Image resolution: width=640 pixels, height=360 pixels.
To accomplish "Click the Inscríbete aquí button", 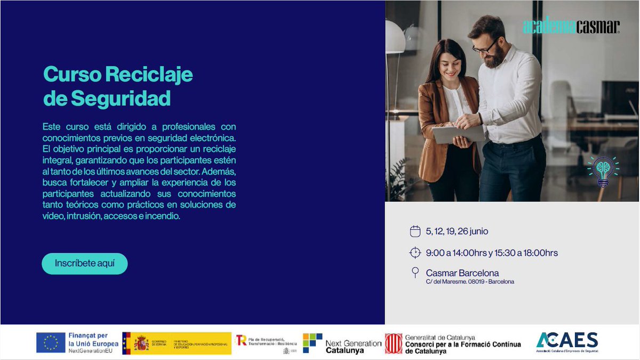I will click(x=84, y=263).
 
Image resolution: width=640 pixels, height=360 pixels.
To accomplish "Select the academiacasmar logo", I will click(x=571, y=27).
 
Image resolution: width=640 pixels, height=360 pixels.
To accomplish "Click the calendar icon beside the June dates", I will click(x=415, y=231).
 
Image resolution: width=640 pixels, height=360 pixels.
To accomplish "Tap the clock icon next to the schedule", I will click(x=415, y=253).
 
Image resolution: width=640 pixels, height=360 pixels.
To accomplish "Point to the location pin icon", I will click(x=415, y=273).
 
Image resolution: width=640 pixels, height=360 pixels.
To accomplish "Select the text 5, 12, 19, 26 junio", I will click(x=457, y=231).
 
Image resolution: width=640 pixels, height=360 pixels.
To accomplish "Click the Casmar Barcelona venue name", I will click(x=462, y=273).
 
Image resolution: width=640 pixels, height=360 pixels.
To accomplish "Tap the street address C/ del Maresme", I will click(x=469, y=282).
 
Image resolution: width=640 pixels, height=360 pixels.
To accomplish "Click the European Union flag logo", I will click(x=51, y=342).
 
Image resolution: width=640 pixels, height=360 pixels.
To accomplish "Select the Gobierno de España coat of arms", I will click(x=141, y=343).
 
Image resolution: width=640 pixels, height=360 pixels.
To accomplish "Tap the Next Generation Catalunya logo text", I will click(x=353, y=347).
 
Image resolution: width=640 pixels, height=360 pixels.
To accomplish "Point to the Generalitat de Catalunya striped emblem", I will click(x=394, y=343).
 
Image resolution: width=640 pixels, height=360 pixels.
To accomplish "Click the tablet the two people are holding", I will click(x=459, y=133).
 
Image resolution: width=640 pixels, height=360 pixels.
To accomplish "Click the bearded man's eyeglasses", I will click(x=485, y=48).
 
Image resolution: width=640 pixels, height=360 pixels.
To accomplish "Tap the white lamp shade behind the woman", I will click(x=395, y=37).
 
